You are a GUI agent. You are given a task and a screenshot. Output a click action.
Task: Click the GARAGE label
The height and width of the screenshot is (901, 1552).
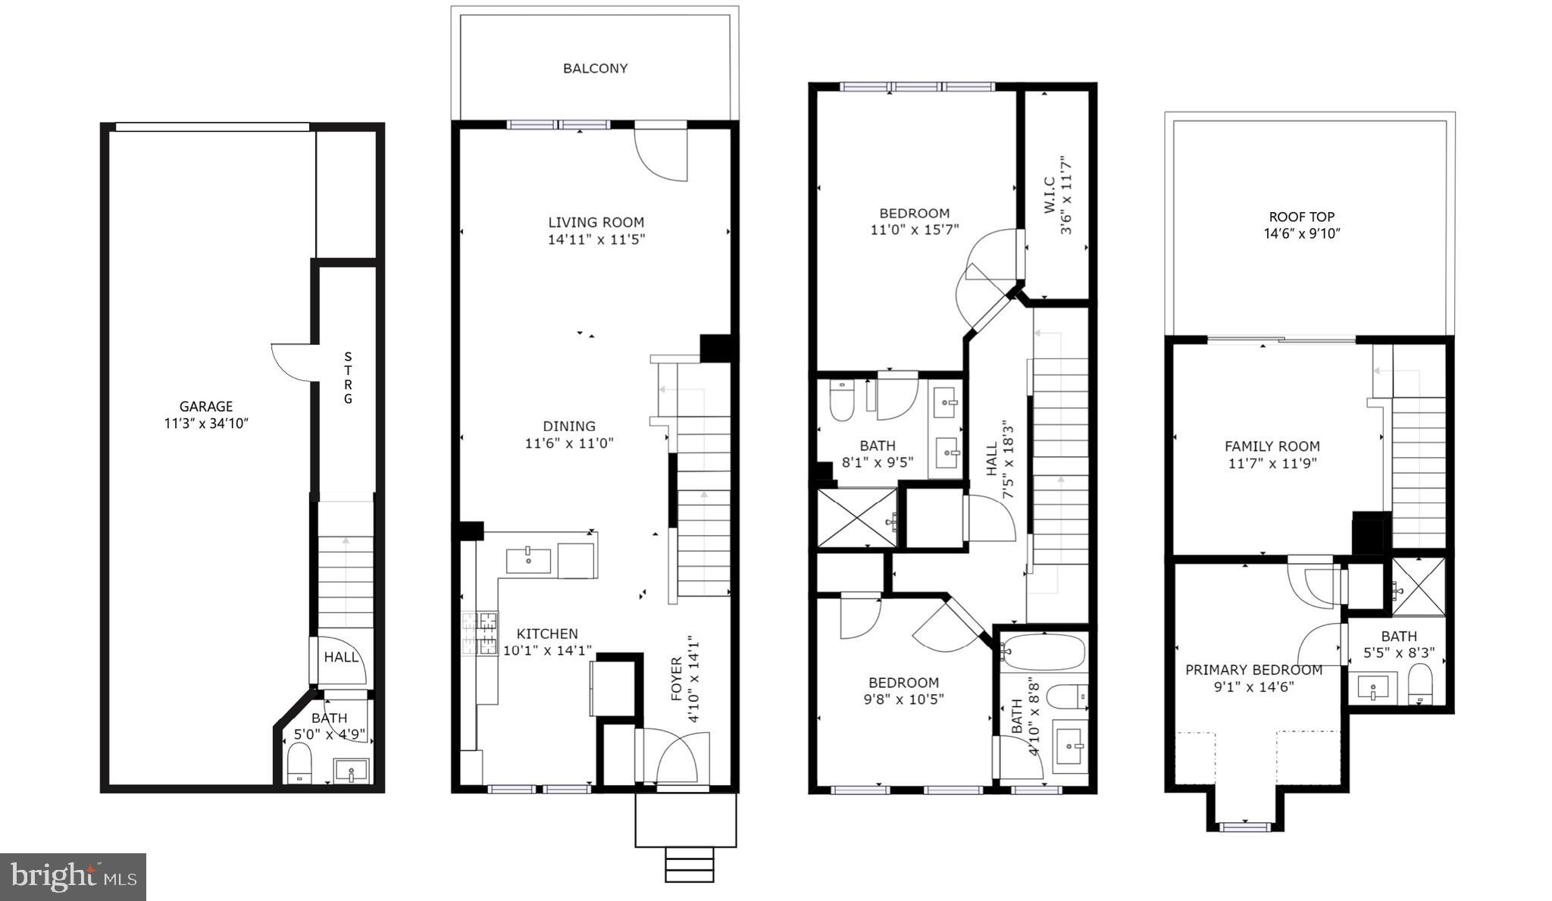pos(205,407)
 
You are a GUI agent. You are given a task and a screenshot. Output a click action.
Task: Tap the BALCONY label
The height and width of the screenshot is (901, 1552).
pos(595,68)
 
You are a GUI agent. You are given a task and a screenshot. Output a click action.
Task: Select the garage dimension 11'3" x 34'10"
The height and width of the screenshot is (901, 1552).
pos(206,424)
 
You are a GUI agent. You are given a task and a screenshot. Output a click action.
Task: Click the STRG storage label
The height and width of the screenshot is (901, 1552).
pos(348,377)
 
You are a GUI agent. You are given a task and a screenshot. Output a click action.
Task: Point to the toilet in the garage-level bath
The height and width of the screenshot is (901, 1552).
pos(300,761)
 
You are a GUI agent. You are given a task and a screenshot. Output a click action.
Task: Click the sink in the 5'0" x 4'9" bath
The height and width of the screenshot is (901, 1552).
pos(351,771)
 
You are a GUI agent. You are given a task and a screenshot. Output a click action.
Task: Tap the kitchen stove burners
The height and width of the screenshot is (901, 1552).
pos(480,634)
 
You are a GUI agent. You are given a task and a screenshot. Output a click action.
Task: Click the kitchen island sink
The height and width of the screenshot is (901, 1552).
pos(528,560)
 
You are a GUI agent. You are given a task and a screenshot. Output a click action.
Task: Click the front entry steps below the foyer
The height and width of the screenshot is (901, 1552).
pos(689,864)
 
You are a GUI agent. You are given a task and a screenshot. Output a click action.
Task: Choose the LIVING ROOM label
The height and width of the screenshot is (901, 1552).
pos(596,222)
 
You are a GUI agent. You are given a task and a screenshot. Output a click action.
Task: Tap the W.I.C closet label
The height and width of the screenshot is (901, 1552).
pos(1050,196)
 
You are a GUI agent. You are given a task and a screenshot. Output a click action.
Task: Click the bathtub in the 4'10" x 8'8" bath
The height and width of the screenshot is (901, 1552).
pos(1041,652)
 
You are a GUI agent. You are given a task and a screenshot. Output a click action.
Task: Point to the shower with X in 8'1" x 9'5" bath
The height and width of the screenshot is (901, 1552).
pos(856,518)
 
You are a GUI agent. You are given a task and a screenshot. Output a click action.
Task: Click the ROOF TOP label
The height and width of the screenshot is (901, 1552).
pos(1301,217)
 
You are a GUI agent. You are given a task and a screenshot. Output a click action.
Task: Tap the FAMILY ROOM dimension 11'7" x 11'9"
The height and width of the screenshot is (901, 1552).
pos(1272,463)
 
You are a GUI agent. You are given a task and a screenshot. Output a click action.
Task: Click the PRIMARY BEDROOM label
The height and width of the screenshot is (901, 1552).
pos(1253,670)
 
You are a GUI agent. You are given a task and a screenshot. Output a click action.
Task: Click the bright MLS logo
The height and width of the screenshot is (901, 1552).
pos(74,877)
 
